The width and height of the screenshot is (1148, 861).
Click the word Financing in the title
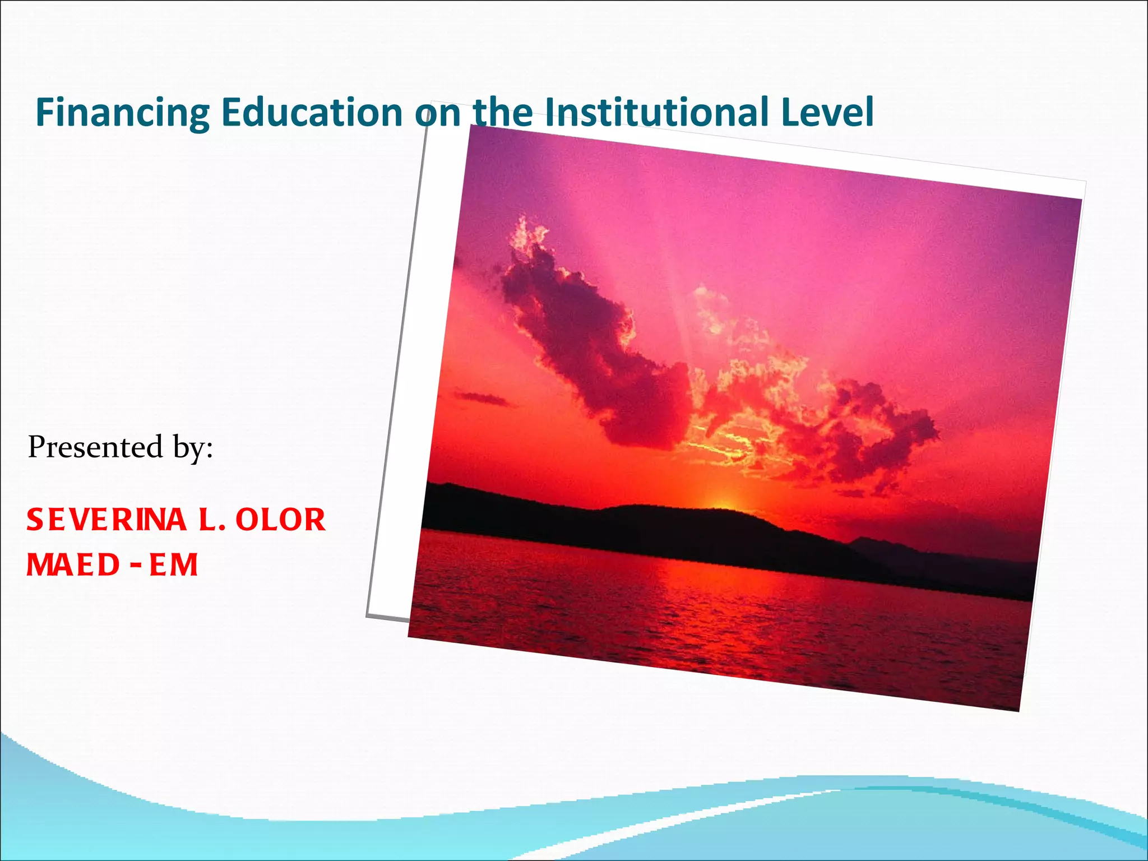tap(122, 113)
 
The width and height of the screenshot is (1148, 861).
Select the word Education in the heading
tap(312, 112)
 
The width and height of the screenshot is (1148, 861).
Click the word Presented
tap(95, 447)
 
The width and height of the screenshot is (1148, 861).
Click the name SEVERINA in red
tap(107, 520)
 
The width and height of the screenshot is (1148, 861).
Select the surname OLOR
tap(280, 520)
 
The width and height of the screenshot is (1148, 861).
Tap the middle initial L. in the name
tap(212, 520)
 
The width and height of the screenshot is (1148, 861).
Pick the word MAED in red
tap(73, 564)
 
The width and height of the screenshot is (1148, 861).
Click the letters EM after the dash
tap(174, 564)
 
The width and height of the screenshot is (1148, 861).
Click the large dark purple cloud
tap(594, 342)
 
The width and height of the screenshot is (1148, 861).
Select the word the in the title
tap(503, 112)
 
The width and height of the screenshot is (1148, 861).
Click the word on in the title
tap(438, 112)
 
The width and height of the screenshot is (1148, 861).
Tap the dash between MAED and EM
tap(135, 563)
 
